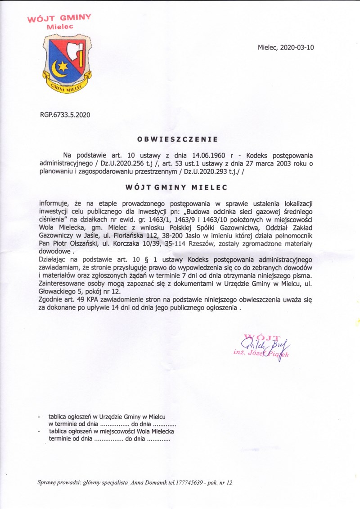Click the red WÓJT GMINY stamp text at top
point(59,18)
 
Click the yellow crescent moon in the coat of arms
point(57,69)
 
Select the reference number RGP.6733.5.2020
point(65,115)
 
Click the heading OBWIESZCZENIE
point(177,139)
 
